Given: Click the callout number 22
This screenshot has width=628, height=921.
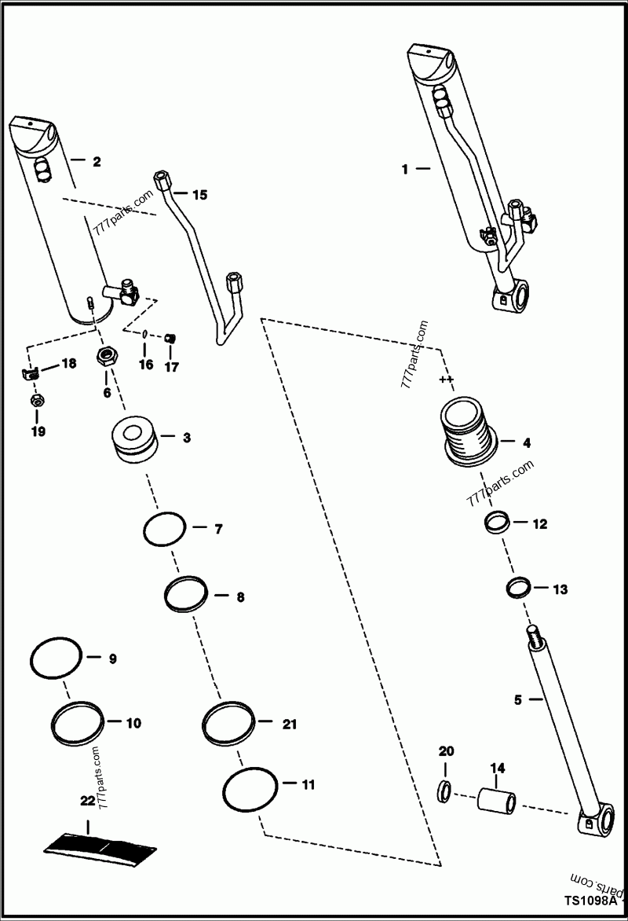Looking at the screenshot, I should [86, 801].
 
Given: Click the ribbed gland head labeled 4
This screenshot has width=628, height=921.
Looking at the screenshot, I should [469, 432].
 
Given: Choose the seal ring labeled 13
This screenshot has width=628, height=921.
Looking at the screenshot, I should [519, 587].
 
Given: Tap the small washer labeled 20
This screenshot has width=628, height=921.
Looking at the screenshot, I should [445, 790].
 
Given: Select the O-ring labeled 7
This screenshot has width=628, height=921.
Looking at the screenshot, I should [165, 529].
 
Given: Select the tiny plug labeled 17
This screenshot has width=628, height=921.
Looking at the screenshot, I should [170, 339].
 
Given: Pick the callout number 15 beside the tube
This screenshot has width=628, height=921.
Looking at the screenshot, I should [199, 194].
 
